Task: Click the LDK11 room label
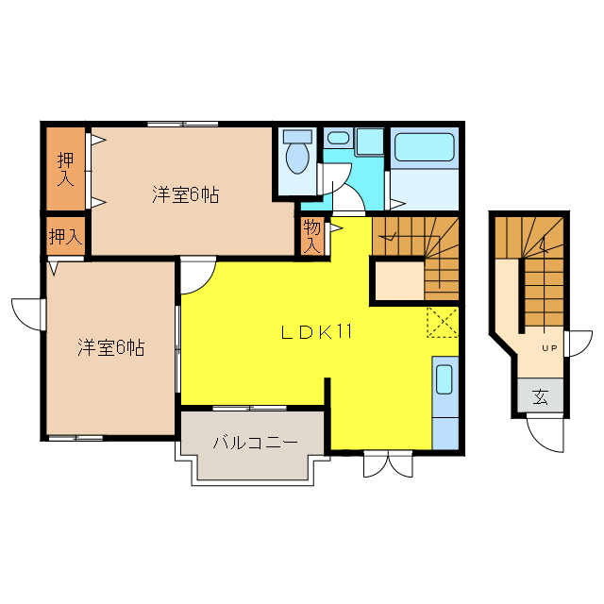316,332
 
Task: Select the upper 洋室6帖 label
186,195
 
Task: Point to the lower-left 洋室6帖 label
110,347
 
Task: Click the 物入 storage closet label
312,236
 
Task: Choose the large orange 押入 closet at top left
65,169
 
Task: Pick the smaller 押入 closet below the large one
65,235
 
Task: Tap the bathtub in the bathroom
424,148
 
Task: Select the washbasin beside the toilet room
338,138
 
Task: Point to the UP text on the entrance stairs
548,348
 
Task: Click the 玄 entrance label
540,397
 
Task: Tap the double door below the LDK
388,465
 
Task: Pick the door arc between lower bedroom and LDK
197,275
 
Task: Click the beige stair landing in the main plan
397,279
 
